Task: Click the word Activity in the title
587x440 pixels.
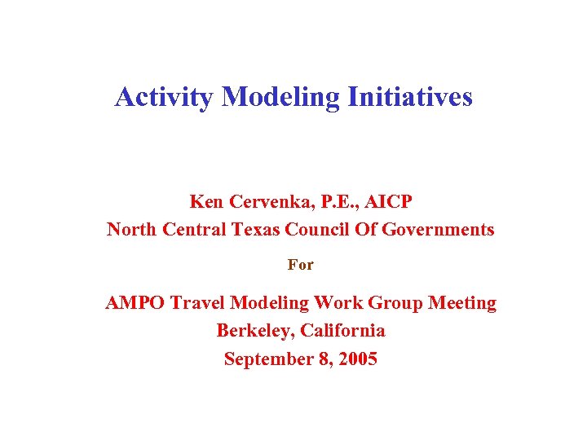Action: tap(165, 98)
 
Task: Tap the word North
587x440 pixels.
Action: tap(132, 230)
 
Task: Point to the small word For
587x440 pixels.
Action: tap(301, 265)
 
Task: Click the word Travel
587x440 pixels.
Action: tap(199, 303)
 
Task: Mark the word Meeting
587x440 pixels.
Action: tap(463, 303)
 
